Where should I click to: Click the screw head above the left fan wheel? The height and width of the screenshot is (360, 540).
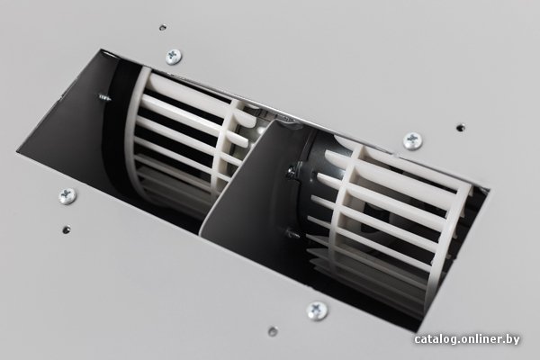(173, 57)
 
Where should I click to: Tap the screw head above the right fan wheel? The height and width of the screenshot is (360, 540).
(412, 140)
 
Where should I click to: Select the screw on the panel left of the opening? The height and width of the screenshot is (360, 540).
(67, 196)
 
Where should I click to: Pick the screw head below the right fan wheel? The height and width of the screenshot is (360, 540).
(317, 311)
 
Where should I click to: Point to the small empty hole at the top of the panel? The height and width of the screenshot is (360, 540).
(163, 27)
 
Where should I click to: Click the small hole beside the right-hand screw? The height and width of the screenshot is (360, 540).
(461, 128)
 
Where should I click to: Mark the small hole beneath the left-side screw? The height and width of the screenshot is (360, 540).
(66, 229)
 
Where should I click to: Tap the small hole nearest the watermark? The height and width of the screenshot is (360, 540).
(273, 331)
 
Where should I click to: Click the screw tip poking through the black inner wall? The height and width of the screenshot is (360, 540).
(104, 97)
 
